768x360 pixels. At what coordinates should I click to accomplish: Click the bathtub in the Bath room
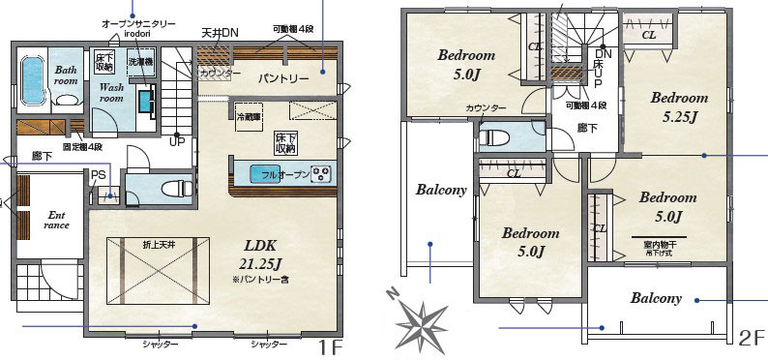32,80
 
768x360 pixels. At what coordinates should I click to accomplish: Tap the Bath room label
65,75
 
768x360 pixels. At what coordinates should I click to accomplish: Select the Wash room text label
112,92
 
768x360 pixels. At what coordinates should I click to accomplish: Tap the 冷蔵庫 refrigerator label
249,116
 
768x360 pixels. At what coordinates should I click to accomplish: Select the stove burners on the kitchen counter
321,174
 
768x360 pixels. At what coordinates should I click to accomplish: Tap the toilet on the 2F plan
495,135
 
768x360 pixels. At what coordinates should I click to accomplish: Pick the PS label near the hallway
99,175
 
